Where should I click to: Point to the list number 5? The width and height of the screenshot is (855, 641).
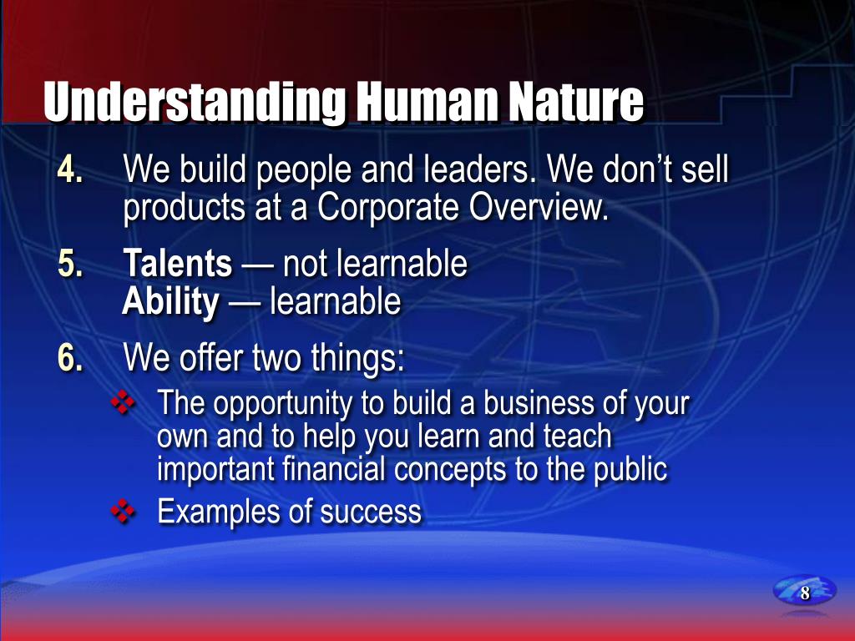coord(70,263)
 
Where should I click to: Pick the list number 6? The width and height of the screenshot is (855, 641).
coord(70,357)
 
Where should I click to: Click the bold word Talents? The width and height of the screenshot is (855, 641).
coord(178,263)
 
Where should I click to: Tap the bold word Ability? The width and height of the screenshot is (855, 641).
coord(170,302)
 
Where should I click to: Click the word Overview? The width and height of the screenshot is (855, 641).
coord(539,207)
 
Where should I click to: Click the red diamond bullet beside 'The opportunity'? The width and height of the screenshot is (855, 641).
coord(123,403)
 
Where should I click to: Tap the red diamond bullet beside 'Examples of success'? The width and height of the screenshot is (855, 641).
coord(123,512)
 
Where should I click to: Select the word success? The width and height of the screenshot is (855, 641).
coord(371,512)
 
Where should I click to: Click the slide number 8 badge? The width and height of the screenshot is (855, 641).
coord(804,592)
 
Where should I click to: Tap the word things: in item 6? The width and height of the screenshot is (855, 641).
coord(358,357)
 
